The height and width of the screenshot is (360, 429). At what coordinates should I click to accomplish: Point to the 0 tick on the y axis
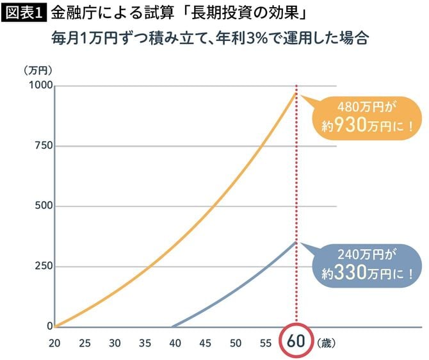[49, 326]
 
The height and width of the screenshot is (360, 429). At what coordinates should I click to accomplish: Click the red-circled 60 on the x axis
[296, 341]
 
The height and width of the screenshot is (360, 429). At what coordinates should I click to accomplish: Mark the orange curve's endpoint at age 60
[296, 94]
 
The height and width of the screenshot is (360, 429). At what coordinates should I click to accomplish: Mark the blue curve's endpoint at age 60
[296, 241]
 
